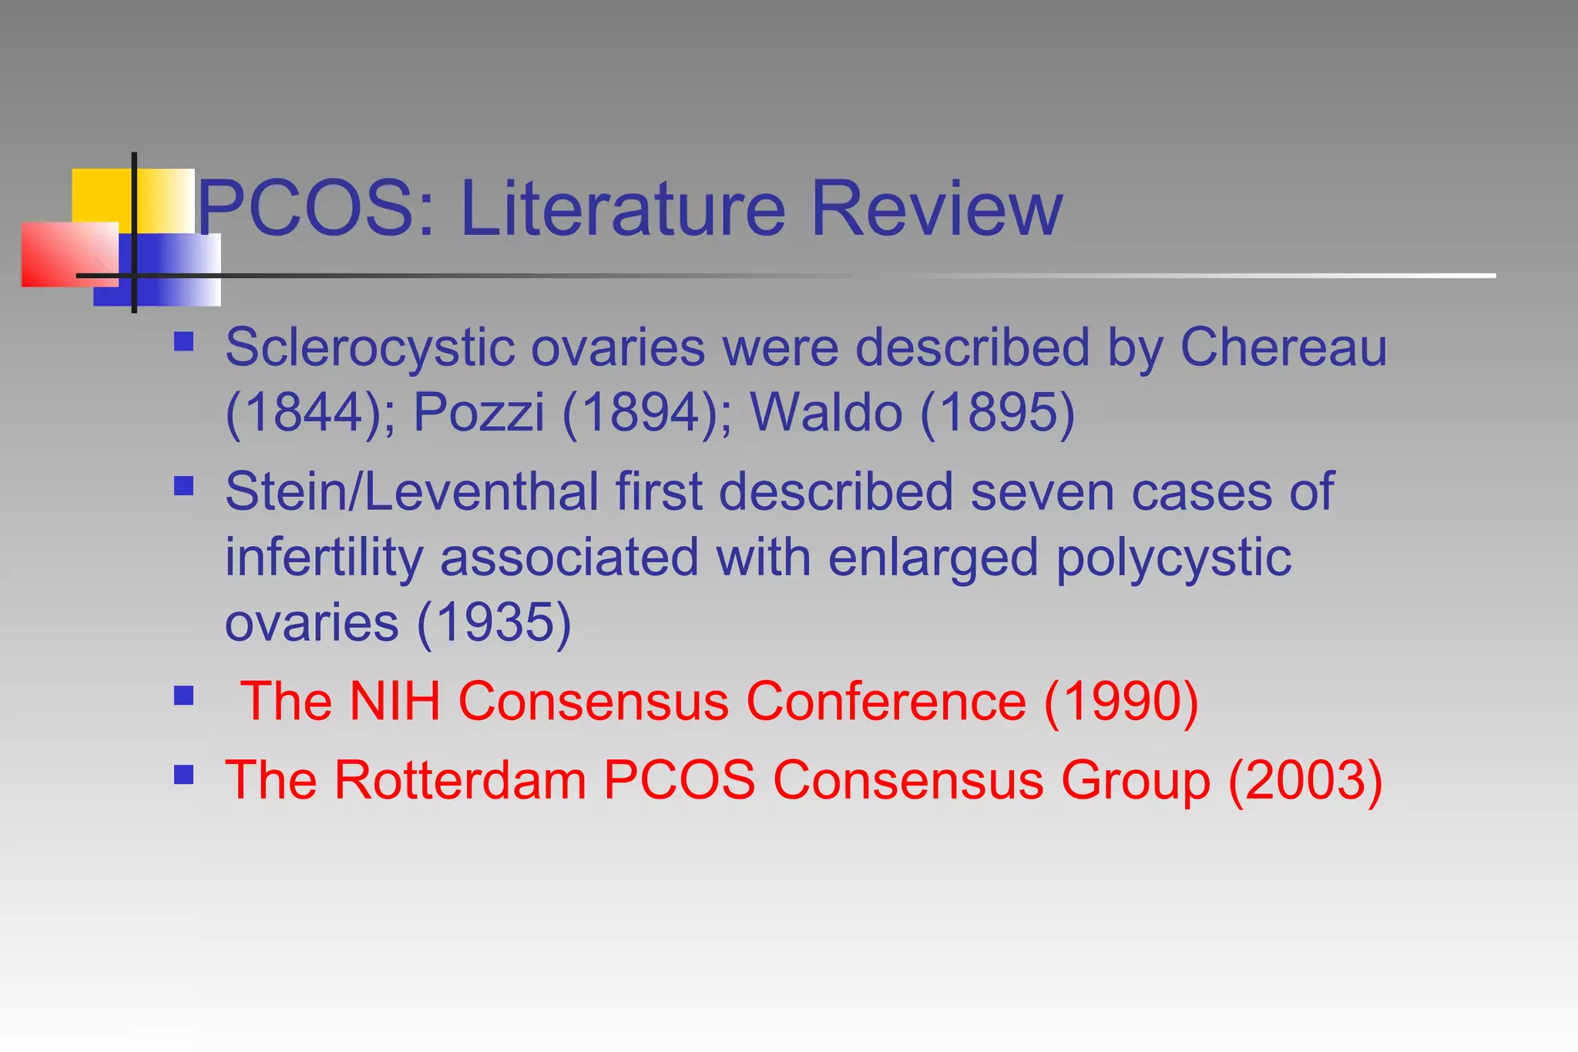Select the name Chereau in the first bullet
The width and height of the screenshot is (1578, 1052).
pyautogui.click(x=1283, y=347)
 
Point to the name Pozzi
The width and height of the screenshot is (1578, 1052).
pyautogui.click(x=478, y=413)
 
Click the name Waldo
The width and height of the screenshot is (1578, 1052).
pyautogui.click(x=826, y=413)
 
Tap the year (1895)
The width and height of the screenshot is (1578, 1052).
pyautogui.click(x=998, y=413)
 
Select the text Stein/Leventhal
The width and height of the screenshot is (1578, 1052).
pyautogui.click(x=411, y=491)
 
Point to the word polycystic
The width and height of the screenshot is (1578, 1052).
pyautogui.click(x=1173, y=558)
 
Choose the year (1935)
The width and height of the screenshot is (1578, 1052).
pyautogui.click(x=494, y=622)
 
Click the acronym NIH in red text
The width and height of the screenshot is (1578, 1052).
pyautogui.click(x=394, y=702)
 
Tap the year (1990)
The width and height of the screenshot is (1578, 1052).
pyautogui.click(x=1121, y=702)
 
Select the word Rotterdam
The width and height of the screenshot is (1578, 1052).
pyautogui.click(x=460, y=780)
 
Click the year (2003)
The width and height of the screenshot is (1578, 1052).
pyautogui.click(x=1305, y=780)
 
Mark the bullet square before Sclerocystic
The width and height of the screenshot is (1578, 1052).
pyautogui.click(x=183, y=341)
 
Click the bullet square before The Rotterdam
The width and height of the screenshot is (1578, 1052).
pyautogui.click(x=183, y=774)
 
